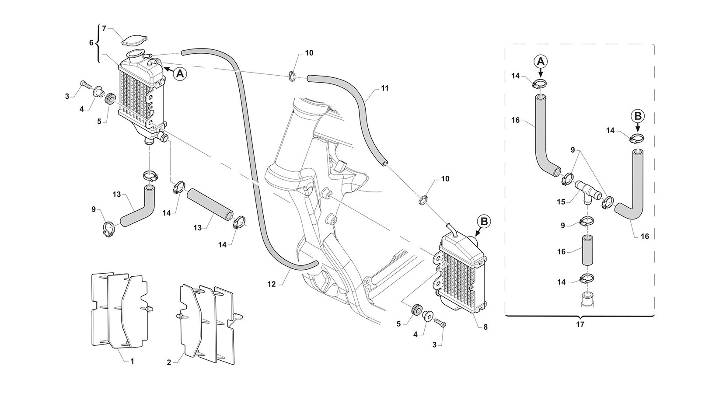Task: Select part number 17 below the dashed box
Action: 580,325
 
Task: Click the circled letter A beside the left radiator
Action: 179,74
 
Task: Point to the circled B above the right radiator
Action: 484,222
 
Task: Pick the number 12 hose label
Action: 272,284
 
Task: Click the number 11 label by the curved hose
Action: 384,88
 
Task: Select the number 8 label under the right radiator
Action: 485,327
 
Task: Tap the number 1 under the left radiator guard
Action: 132,361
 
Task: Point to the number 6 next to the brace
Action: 91,43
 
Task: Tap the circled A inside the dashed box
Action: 541,61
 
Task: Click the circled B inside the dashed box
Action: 637,116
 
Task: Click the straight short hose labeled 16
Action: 587,250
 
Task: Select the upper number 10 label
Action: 309,53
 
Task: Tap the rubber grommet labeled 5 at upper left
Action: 110,98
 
